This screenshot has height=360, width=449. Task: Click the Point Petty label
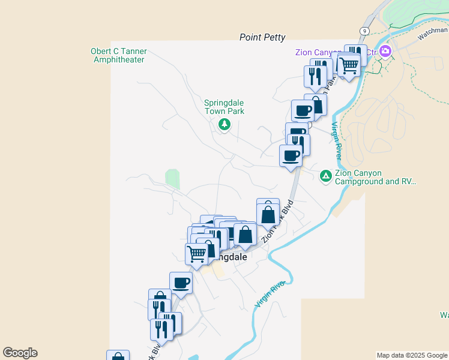[x=262, y=37]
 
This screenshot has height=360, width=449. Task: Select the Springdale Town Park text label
[x=224, y=107]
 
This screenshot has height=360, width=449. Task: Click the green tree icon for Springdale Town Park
[x=224, y=124]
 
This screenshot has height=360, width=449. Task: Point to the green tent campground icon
[x=325, y=175]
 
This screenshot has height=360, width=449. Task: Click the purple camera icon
[x=385, y=52]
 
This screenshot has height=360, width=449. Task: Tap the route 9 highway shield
[x=364, y=31]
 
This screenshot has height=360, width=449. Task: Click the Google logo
[x=20, y=353]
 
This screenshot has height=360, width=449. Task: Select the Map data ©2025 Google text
[x=412, y=355]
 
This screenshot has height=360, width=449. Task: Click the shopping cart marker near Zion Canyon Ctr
[x=349, y=65]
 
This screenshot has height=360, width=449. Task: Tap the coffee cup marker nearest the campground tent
[x=291, y=155]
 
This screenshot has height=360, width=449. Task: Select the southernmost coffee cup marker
[x=181, y=283]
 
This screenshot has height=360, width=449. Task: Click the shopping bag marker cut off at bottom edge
[x=118, y=356]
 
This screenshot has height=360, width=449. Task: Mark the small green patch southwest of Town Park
[x=172, y=179]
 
